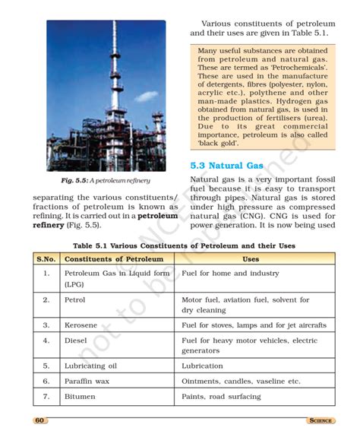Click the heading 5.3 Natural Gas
pos(226,165)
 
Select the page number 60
pos(39,420)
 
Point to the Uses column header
pos(250,259)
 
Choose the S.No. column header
pos(46,259)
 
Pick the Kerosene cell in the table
pos(81,325)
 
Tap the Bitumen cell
pos(81,396)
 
